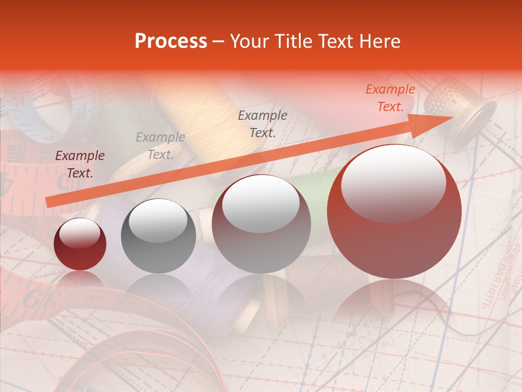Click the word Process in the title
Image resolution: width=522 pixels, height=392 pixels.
(171, 41)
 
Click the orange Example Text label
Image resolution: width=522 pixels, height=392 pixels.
(390, 98)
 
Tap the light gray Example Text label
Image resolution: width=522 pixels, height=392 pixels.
(160, 146)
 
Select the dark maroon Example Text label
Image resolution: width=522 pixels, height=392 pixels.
(80, 164)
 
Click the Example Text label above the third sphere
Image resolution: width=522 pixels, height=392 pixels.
(263, 124)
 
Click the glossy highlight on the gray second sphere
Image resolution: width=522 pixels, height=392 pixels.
(158, 220)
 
